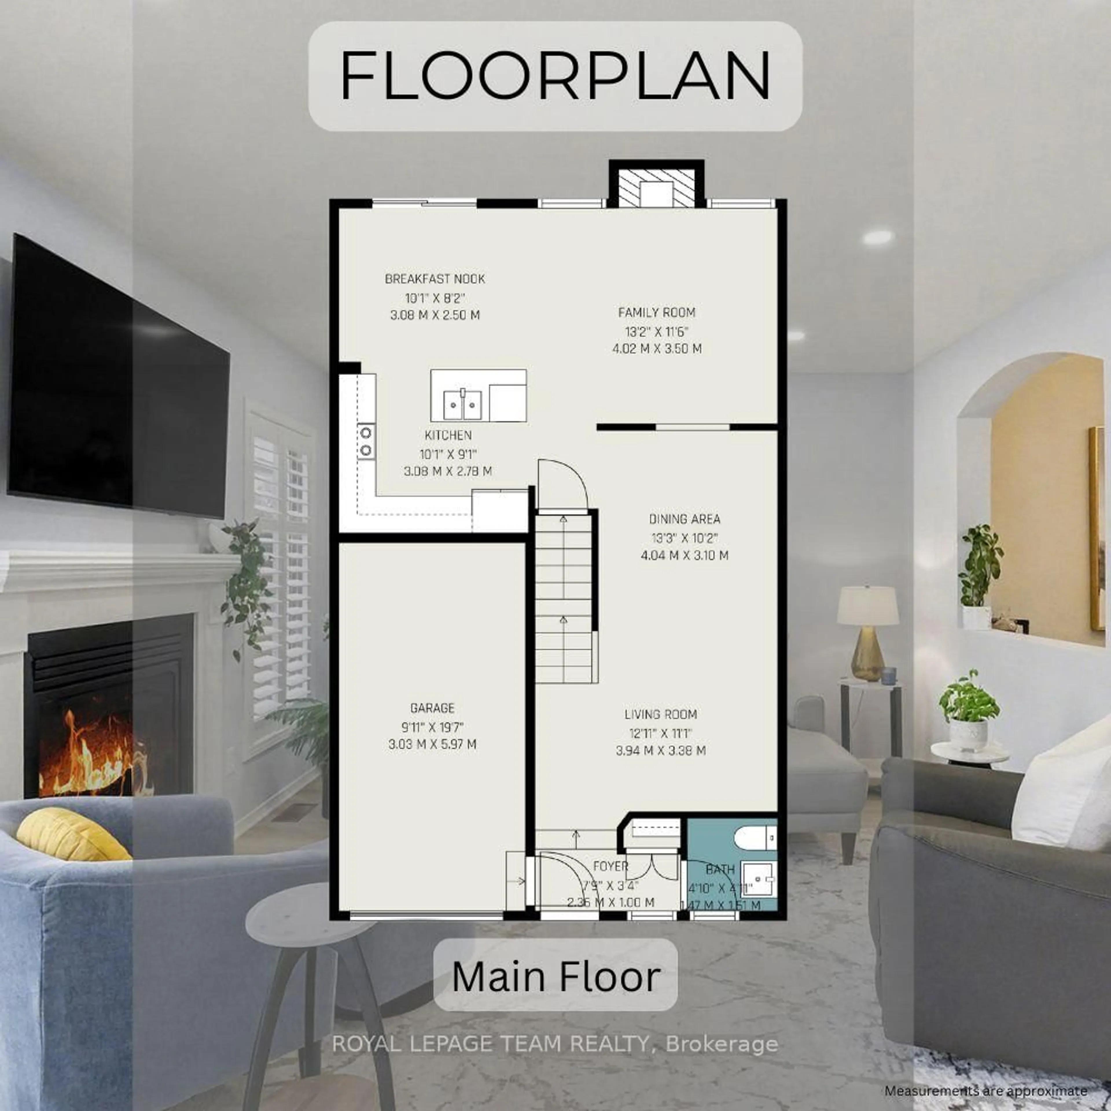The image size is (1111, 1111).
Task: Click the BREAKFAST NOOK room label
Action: pos(435,279)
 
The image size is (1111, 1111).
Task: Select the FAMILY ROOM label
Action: pos(657,312)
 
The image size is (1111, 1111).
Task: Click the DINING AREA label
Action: pos(684,519)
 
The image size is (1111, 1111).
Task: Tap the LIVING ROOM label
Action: pos(661,714)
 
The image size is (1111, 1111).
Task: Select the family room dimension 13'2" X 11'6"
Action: pos(657,331)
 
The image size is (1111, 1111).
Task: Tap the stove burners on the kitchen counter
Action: pos(366,441)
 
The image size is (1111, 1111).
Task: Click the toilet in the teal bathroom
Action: pos(755,838)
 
